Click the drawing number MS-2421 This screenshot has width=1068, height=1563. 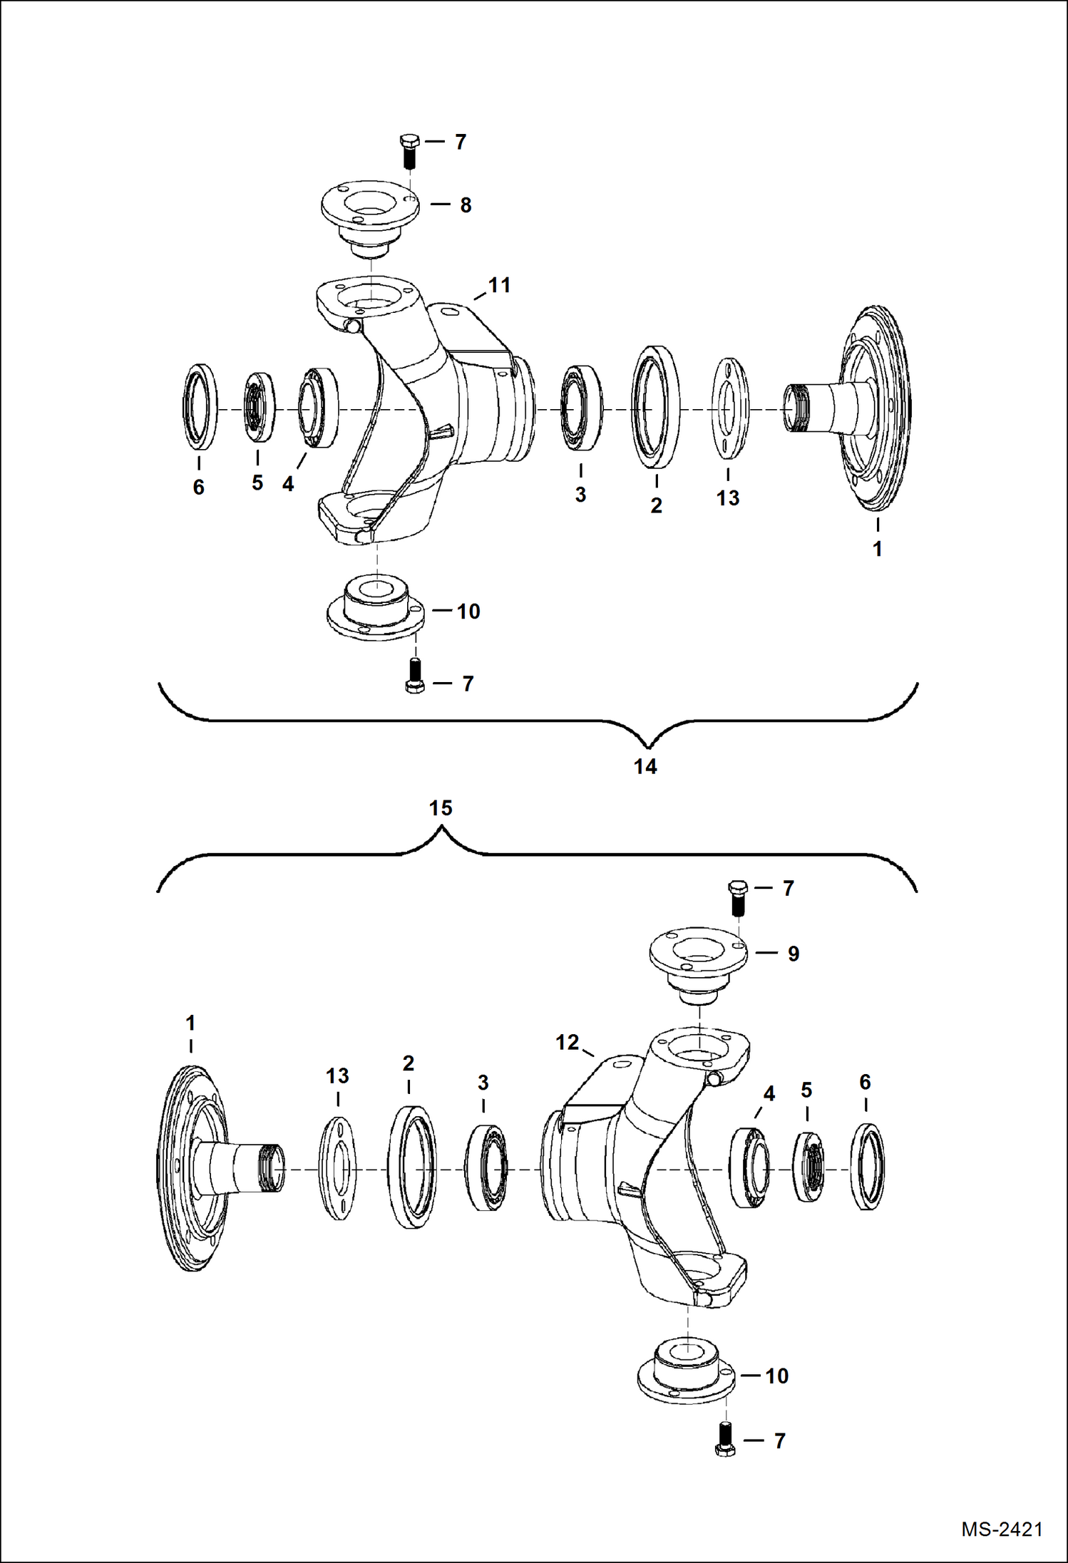pos(1001,1529)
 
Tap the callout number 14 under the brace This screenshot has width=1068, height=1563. pos(645,767)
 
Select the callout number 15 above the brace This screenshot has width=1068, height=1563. pos(441,808)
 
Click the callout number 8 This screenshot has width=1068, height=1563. pos(466,205)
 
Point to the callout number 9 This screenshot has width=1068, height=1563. pos(794,954)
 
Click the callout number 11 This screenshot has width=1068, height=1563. pos(499,285)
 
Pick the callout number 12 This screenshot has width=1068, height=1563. pos(567,1043)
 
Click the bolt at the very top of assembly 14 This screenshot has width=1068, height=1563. pos(409,150)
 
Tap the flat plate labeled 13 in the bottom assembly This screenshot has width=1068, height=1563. pos(337,1169)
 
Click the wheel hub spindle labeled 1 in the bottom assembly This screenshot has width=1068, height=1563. pos(207,1169)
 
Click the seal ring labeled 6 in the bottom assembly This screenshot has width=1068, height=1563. pos(867,1167)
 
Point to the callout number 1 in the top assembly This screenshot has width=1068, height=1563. pos(878,549)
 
